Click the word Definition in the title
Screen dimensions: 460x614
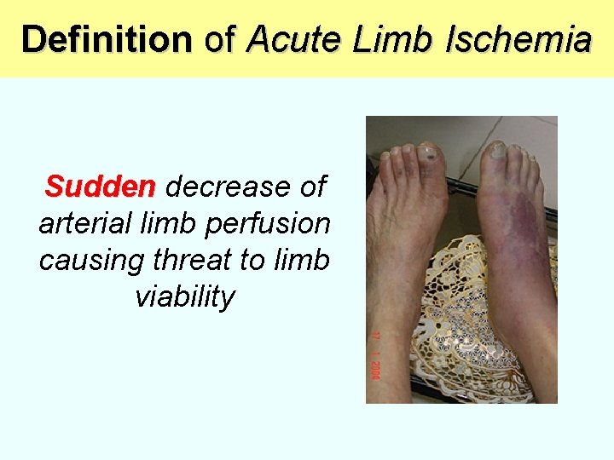click(107, 39)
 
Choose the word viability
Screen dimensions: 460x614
click(184, 297)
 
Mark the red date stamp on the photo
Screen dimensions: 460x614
click(374, 355)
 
